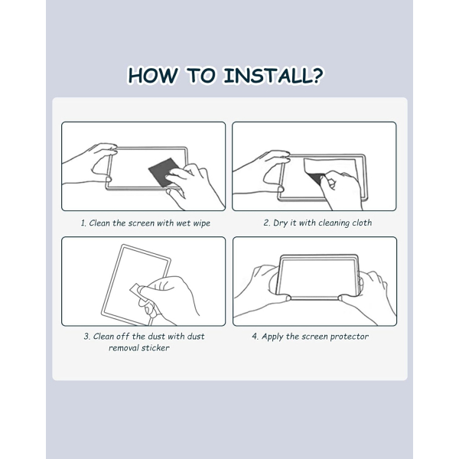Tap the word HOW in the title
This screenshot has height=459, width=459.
[x=152, y=76]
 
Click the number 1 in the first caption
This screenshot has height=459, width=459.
[x=83, y=223]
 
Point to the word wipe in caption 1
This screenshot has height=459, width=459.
[x=201, y=223]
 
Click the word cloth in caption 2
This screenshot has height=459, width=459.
[x=362, y=223]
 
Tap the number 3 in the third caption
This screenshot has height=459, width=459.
[x=86, y=337]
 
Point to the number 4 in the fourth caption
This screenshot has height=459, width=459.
[x=255, y=337]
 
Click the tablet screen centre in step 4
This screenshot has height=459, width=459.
[x=317, y=277]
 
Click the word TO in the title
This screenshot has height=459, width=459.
[x=200, y=76]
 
